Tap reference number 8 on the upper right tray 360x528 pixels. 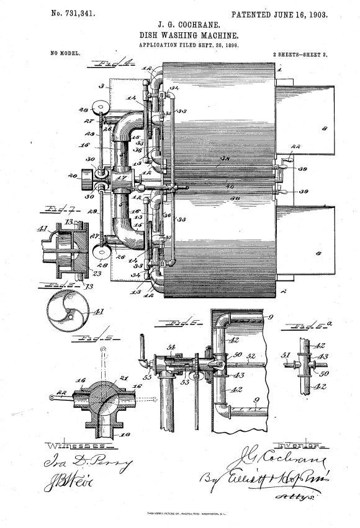tap(323, 130)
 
